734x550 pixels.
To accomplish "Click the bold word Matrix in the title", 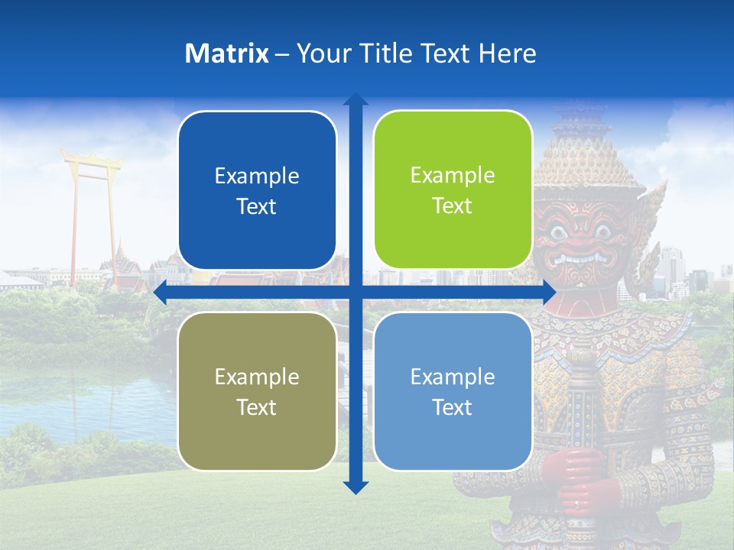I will point(227,53).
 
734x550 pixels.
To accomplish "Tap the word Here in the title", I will point(508,53).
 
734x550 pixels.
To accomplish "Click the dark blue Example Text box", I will point(257,191).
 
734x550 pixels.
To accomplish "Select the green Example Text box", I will point(453,190).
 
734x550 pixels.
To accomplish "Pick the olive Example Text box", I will point(257,391).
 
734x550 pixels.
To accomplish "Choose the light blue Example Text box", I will point(453,391).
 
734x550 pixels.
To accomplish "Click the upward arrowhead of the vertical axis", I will point(356,99).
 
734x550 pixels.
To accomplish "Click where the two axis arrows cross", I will point(356,293).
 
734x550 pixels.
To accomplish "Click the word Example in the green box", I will point(453,175).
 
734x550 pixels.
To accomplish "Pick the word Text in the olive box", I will point(257,407).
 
